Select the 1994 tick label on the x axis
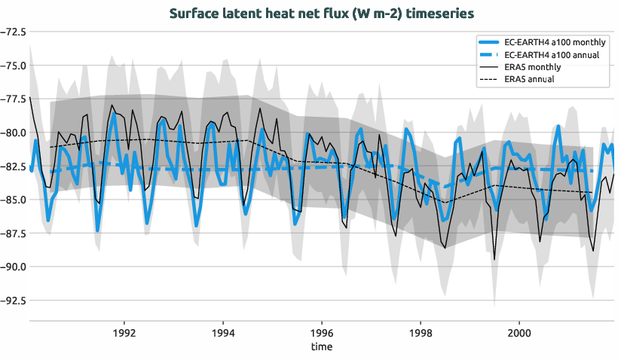(x=222, y=333)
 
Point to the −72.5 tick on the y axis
(x=12, y=32)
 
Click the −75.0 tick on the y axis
(x=12, y=66)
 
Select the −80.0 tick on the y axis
(x=12, y=133)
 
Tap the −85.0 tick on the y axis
(x=12, y=200)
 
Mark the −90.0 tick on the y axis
(x=12, y=267)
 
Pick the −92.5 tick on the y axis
(x=12, y=301)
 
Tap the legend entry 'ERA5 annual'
(x=529, y=79)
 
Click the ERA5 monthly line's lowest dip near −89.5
(x=494, y=259)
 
